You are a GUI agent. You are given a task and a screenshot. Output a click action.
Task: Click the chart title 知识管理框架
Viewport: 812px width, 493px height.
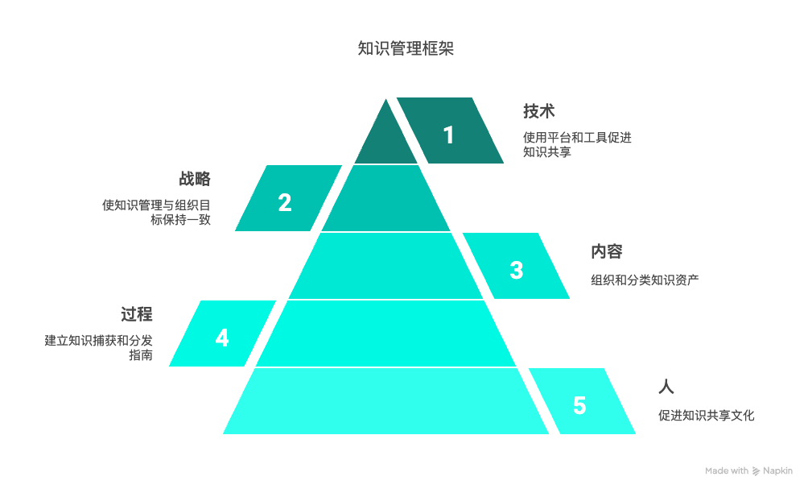pyautogui.click(x=406, y=48)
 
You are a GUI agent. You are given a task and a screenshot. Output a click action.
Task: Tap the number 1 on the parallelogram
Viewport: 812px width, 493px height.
pyautogui.click(x=449, y=135)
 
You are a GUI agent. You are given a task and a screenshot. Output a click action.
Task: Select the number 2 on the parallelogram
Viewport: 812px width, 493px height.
pyautogui.click(x=284, y=202)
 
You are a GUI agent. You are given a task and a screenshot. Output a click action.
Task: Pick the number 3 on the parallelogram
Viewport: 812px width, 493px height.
pyautogui.click(x=517, y=270)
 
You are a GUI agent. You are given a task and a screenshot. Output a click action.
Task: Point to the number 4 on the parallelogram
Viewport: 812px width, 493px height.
pyautogui.click(x=222, y=338)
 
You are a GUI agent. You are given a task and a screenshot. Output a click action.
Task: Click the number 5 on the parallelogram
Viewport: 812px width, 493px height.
pyautogui.click(x=579, y=405)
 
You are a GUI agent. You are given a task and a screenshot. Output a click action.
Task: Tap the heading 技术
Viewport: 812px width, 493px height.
pyautogui.click(x=538, y=111)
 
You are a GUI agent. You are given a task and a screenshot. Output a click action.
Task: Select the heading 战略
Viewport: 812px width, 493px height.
pyautogui.click(x=195, y=179)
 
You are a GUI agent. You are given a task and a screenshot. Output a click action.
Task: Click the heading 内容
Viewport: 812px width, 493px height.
pyautogui.click(x=606, y=251)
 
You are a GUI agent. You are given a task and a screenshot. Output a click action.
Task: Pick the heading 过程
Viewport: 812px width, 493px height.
pyautogui.click(x=136, y=314)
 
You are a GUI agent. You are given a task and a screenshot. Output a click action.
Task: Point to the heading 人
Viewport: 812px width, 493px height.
pyautogui.click(x=666, y=387)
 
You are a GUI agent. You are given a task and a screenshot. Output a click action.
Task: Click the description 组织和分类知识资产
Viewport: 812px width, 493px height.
pyautogui.click(x=645, y=280)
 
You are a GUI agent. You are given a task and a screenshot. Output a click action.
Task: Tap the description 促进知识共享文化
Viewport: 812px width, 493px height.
pyautogui.click(x=706, y=416)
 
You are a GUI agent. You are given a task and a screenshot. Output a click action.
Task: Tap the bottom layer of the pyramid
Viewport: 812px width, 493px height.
pyautogui.click(x=385, y=401)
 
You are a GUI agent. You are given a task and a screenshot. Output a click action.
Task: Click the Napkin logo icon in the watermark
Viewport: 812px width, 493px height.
pyautogui.click(x=756, y=471)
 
